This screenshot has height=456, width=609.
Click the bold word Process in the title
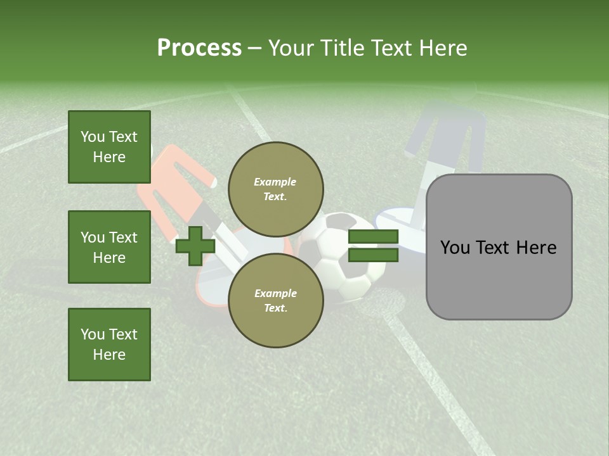199,48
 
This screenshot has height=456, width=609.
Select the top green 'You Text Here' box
109,147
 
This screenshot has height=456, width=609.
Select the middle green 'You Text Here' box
109,247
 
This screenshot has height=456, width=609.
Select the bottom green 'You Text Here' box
109,345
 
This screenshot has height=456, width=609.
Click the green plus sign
195,246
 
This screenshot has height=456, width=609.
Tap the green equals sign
373,246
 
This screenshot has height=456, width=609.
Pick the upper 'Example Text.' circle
275,189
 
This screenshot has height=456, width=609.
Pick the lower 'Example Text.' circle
275,301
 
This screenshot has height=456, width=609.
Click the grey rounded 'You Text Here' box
499,247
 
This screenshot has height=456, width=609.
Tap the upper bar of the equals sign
373,237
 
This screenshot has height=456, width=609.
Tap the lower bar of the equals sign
373,255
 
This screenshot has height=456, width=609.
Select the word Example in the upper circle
275,182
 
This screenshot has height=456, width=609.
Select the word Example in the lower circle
275,293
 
